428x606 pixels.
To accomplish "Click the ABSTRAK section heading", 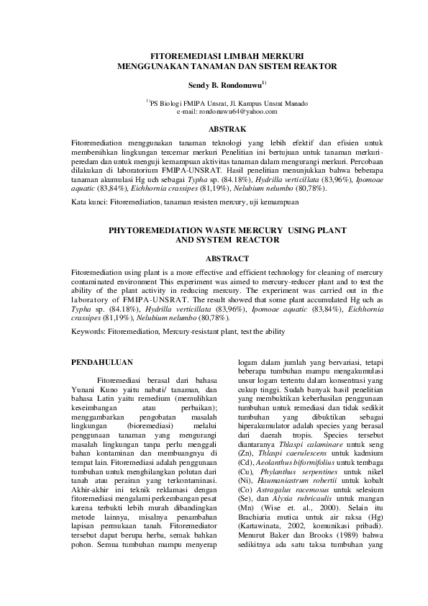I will [x=227, y=128].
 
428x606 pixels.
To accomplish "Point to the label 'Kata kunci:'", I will [x=89, y=204].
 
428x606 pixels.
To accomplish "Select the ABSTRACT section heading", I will [x=227, y=258].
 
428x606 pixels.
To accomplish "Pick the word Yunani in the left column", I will [x=88, y=386].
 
